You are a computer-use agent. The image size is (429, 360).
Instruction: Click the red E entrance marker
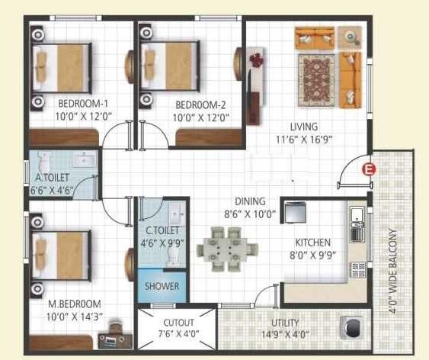[x=370, y=169]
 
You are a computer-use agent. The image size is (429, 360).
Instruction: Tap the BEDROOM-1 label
[x=62, y=104]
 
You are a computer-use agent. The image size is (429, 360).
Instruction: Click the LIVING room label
[x=303, y=127]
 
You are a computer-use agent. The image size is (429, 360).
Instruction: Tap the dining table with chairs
[x=228, y=249]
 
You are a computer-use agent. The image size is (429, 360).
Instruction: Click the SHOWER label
[x=163, y=287]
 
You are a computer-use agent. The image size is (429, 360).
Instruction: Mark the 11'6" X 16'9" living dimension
[x=304, y=140]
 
